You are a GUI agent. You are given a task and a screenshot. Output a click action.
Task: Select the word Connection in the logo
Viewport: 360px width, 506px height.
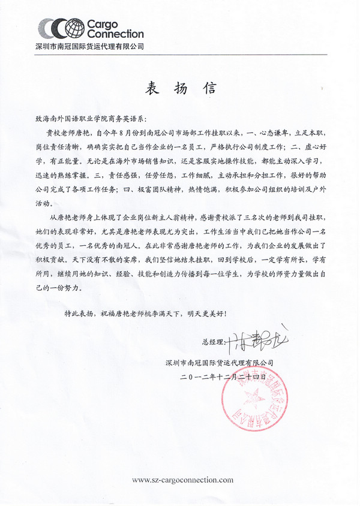tap(116, 34)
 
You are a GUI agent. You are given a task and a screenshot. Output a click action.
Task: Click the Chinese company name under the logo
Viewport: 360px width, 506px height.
tap(91, 46)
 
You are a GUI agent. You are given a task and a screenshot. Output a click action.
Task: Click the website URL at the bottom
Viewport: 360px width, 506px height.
tap(182, 480)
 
